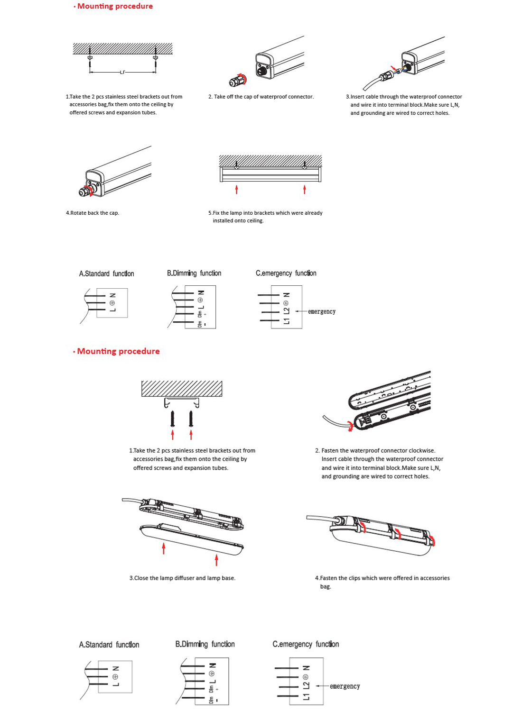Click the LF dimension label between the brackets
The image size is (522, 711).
coord(122,73)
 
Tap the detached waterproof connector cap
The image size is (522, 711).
coord(238,80)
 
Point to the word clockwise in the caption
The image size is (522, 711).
coord(422,450)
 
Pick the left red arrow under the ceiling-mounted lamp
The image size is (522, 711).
coord(236,190)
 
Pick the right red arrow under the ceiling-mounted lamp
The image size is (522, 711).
coord(304,190)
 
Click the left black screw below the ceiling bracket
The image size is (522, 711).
coord(173,419)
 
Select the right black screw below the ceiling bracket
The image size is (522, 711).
coord(191,419)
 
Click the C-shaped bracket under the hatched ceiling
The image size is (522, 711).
coord(182,402)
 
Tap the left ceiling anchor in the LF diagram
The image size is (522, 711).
coord(90,57)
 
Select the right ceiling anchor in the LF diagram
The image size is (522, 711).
coord(155,57)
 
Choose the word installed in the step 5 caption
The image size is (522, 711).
coord(223,220)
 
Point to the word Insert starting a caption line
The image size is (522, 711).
coord(329,459)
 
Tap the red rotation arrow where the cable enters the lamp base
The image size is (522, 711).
coord(350,426)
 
